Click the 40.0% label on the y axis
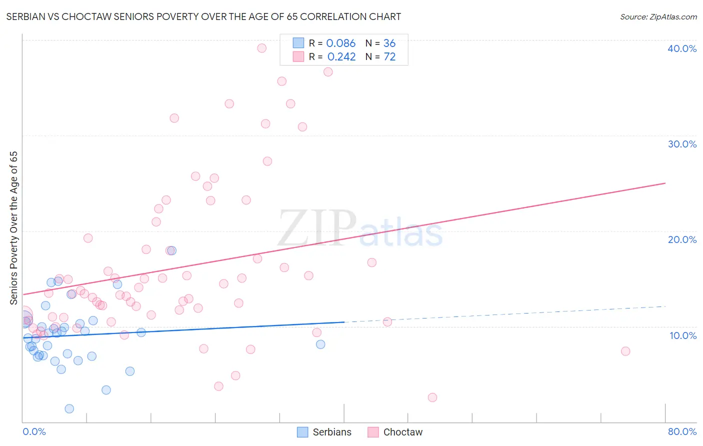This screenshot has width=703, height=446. pyautogui.click(x=682, y=48)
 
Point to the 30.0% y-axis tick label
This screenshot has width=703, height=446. pyautogui.click(x=682, y=144)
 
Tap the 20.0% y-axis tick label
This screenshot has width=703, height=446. pyautogui.click(x=682, y=239)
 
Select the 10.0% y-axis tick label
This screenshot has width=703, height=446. pyautogui.click(x=683, y=335)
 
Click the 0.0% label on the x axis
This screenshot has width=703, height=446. pyautogui.click(x=34, y=431)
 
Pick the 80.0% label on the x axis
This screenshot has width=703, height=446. pyautogui.click(x=682, y=431)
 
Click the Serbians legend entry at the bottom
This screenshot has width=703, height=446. pyautogui.click(x=324, y=432)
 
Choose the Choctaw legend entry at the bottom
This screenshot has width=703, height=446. pyautogui.click(x=395, y=432)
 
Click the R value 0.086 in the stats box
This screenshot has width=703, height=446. pyautogui.click(x=340, y=43)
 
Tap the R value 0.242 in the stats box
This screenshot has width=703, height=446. pyautogui.click(x=341, y=57)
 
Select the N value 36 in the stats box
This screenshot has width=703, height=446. pyautogui.click(x=389, y=43)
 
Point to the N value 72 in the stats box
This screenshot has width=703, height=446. pyautogui.click(x=389, y=57)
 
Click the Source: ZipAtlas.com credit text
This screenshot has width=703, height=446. pyautogui.click(x=658, y=17)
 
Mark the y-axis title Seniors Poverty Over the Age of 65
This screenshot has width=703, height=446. pyautogui.click(x=14, y=228)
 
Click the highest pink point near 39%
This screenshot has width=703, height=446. pyautogui.click(x=261, y=48)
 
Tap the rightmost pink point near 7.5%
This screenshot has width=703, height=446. pyautogui.click(x=625, y=351)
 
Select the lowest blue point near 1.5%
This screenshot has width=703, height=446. pyautogui.click(x=69, y=408)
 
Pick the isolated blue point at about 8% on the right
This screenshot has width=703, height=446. pyautogui.click(x=320, y=344)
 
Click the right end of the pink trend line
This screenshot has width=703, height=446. pyautogui.click(x=665, y=183)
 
